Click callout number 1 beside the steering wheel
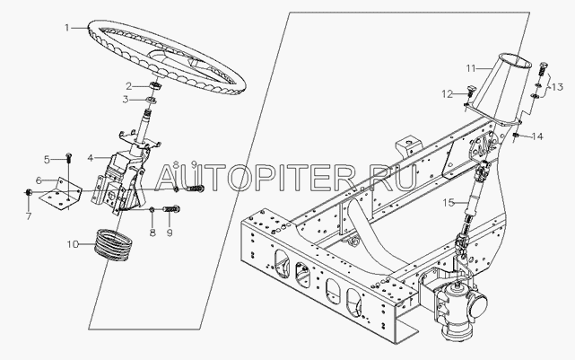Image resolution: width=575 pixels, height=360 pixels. (x=65, y=29)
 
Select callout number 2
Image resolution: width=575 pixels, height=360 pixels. (x=128, y=85)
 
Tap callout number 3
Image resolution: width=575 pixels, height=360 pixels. (x=126, y=99)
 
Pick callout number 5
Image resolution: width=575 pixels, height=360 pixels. (x=48, y=160)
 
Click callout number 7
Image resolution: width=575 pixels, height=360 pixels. (x=27, y=216)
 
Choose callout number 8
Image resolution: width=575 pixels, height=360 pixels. (x=152, y=233)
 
